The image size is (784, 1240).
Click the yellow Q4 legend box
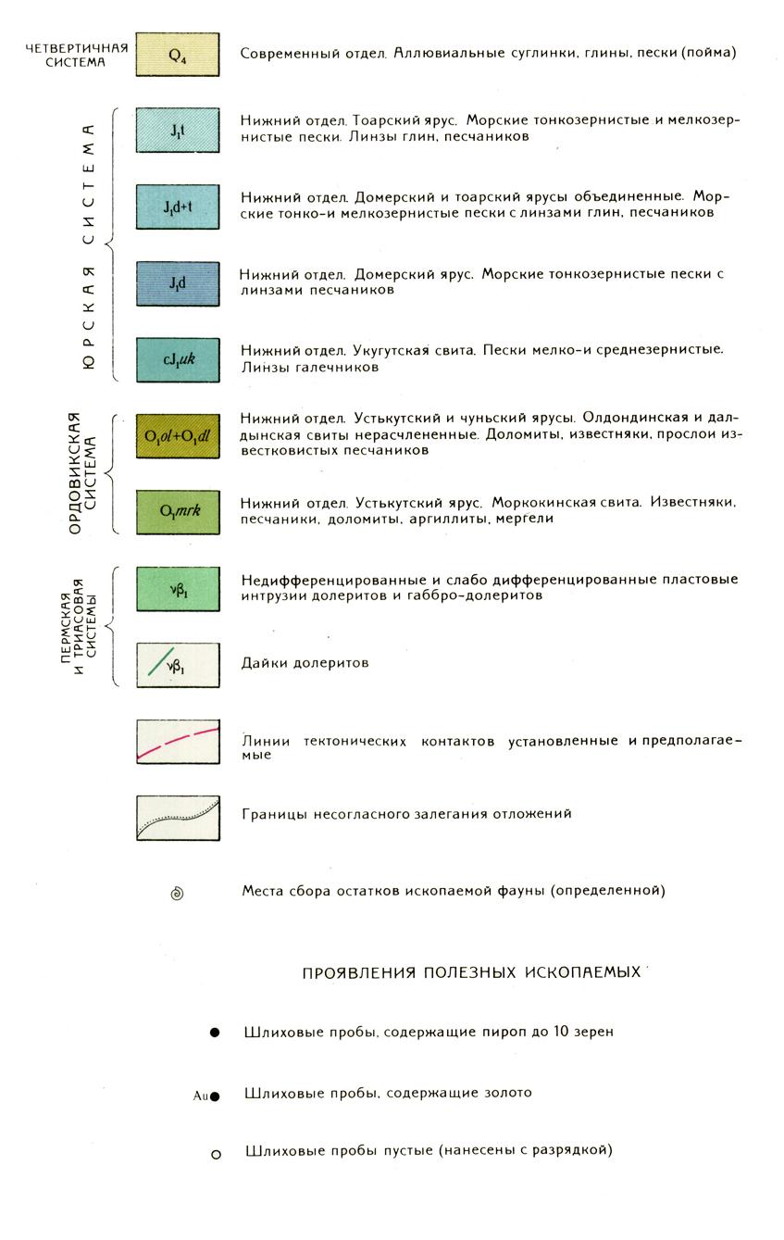tap(177, 55)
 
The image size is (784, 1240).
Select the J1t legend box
tap(177, 131)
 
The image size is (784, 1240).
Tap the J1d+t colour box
tap(177, 207)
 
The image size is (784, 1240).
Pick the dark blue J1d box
tap(177, 283)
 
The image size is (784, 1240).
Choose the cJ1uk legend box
tap(177, 359)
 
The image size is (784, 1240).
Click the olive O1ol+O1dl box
tap(177, 436)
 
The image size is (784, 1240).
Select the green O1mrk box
tap(177, 512)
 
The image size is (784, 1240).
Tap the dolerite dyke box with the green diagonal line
tap(177, 664)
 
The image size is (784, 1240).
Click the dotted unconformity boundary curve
tap(177, 817)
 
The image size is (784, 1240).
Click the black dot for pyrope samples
tap(215, 1032)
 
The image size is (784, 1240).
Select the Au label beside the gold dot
tap(199, 1096)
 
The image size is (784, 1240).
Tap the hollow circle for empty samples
tap(216, 1154)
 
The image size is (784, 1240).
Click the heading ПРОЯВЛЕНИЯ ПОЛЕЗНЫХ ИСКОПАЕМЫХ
tap(471, 973)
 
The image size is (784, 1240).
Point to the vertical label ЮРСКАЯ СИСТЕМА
tap(91, 244)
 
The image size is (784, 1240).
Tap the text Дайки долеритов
tap(305, 663)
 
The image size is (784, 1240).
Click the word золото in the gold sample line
tap(503, 1093)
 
